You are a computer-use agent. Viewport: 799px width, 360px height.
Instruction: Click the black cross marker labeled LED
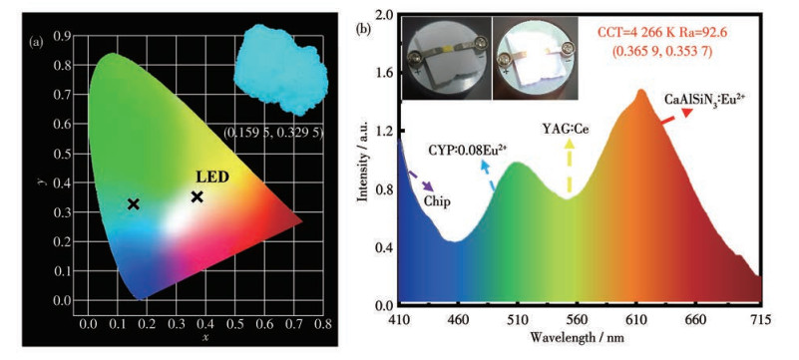[198, 196]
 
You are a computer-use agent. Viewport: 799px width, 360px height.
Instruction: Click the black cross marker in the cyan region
[134, 204]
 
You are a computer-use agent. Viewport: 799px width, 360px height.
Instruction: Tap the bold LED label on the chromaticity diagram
[211, 178]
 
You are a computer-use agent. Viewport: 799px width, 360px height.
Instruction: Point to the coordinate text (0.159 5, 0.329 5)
[273, 133]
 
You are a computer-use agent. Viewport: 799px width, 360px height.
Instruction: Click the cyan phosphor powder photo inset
[280, 70]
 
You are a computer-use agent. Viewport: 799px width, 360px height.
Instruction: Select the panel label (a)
[37, 43]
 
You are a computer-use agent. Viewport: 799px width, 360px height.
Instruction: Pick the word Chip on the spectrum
[437, 201]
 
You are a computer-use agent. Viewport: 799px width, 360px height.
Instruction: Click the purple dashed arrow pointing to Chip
[421, 180]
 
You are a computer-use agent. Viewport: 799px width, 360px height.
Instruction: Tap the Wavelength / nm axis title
[577, 337]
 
